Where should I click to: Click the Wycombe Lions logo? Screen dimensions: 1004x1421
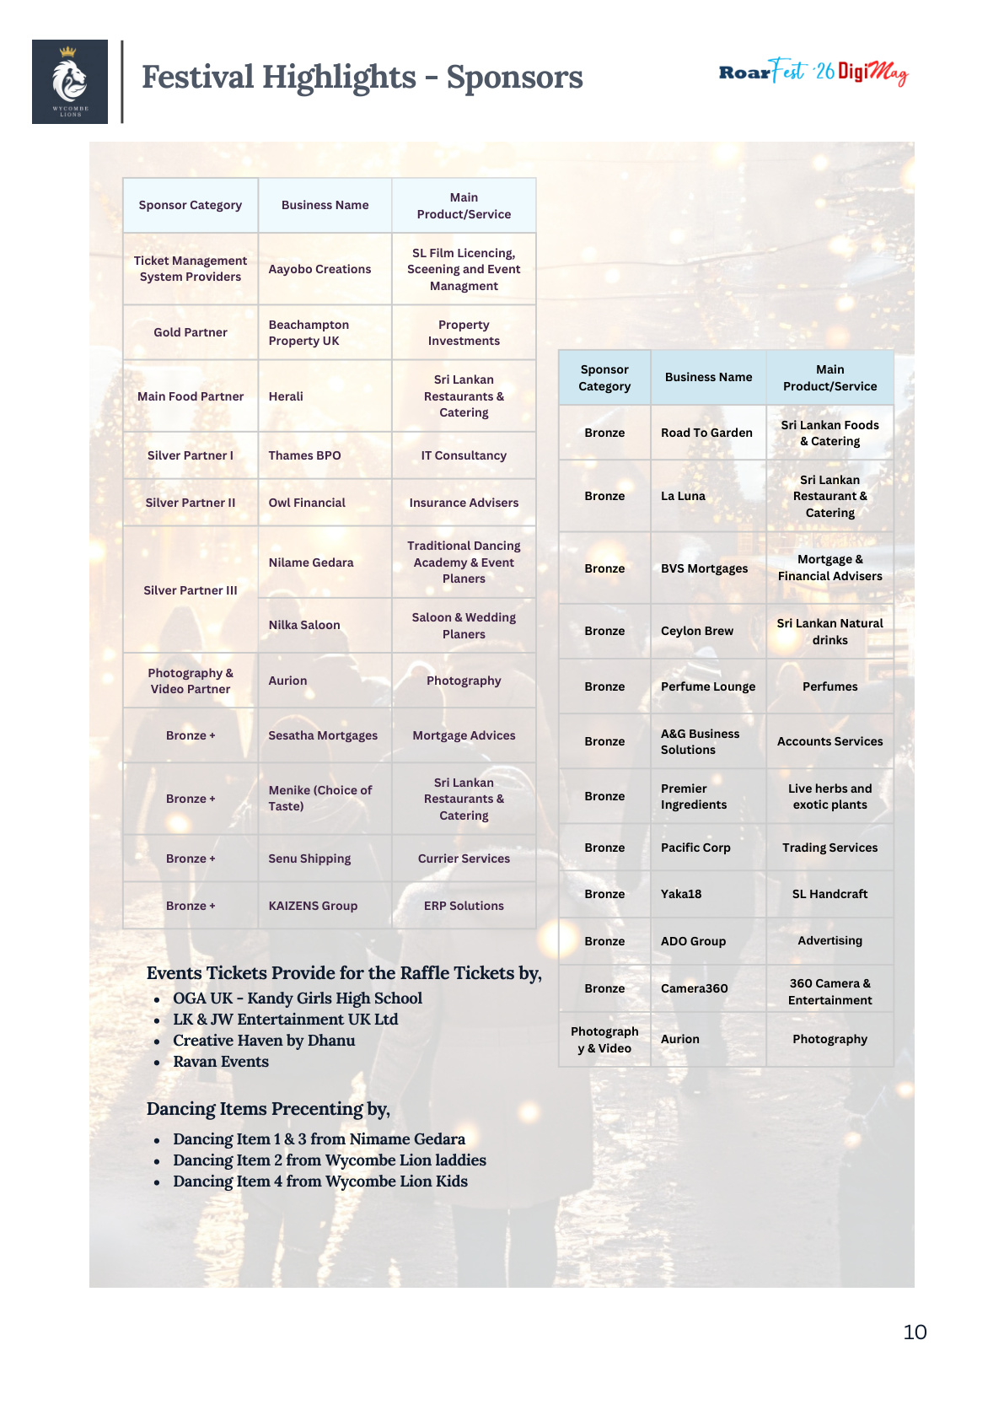pyautogui.click(x=70, y=82)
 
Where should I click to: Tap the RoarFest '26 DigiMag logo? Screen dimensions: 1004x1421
pyautogui.click(x=813, y=73)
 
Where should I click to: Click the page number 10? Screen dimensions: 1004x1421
pyautogui.click(x=915, y=1332)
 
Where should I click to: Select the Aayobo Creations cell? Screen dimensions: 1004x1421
pyautogui.click(x=319, y=269)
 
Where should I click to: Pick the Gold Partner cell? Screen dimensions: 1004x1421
pyautogui.click(x=191, y=332)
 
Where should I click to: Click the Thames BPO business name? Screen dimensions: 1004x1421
pyautogui.click(x=304, y=455)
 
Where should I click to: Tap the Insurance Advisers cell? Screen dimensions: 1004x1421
pyautogui.click(x=464, y=503)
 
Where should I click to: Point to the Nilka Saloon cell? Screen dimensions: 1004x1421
pyautogui.click(x=304, y=625)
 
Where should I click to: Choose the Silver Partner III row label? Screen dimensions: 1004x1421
pyautogui.click(x=191, y=590)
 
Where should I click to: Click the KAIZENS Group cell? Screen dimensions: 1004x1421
pyautogui.click(x=313, y=906)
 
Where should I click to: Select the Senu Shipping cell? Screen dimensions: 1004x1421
pyautogui.click(x=309, y=859)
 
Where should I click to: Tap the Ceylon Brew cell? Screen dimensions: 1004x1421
pyautogui.click(x=697, y=631)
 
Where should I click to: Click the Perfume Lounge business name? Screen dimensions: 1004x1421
pyautogui.click(x=708, y=686)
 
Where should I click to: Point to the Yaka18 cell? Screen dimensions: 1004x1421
pyautogui.click(x=681, y=894)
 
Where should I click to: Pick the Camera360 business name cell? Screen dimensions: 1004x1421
pyautogui.click(x=695, y=988)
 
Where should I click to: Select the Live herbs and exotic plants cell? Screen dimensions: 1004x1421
pyautogui.click(x=830, y=796)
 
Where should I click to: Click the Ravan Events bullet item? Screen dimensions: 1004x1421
pyautogui.click(x=221, y=1062)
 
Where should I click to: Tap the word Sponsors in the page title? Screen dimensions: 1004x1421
pyautogui.click(x=514, y=78)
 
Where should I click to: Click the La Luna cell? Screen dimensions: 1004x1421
pyautogui.click(x=683, y=496)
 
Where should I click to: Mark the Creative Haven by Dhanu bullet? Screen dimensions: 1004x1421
pyautogui.click(x=264, y=1041)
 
